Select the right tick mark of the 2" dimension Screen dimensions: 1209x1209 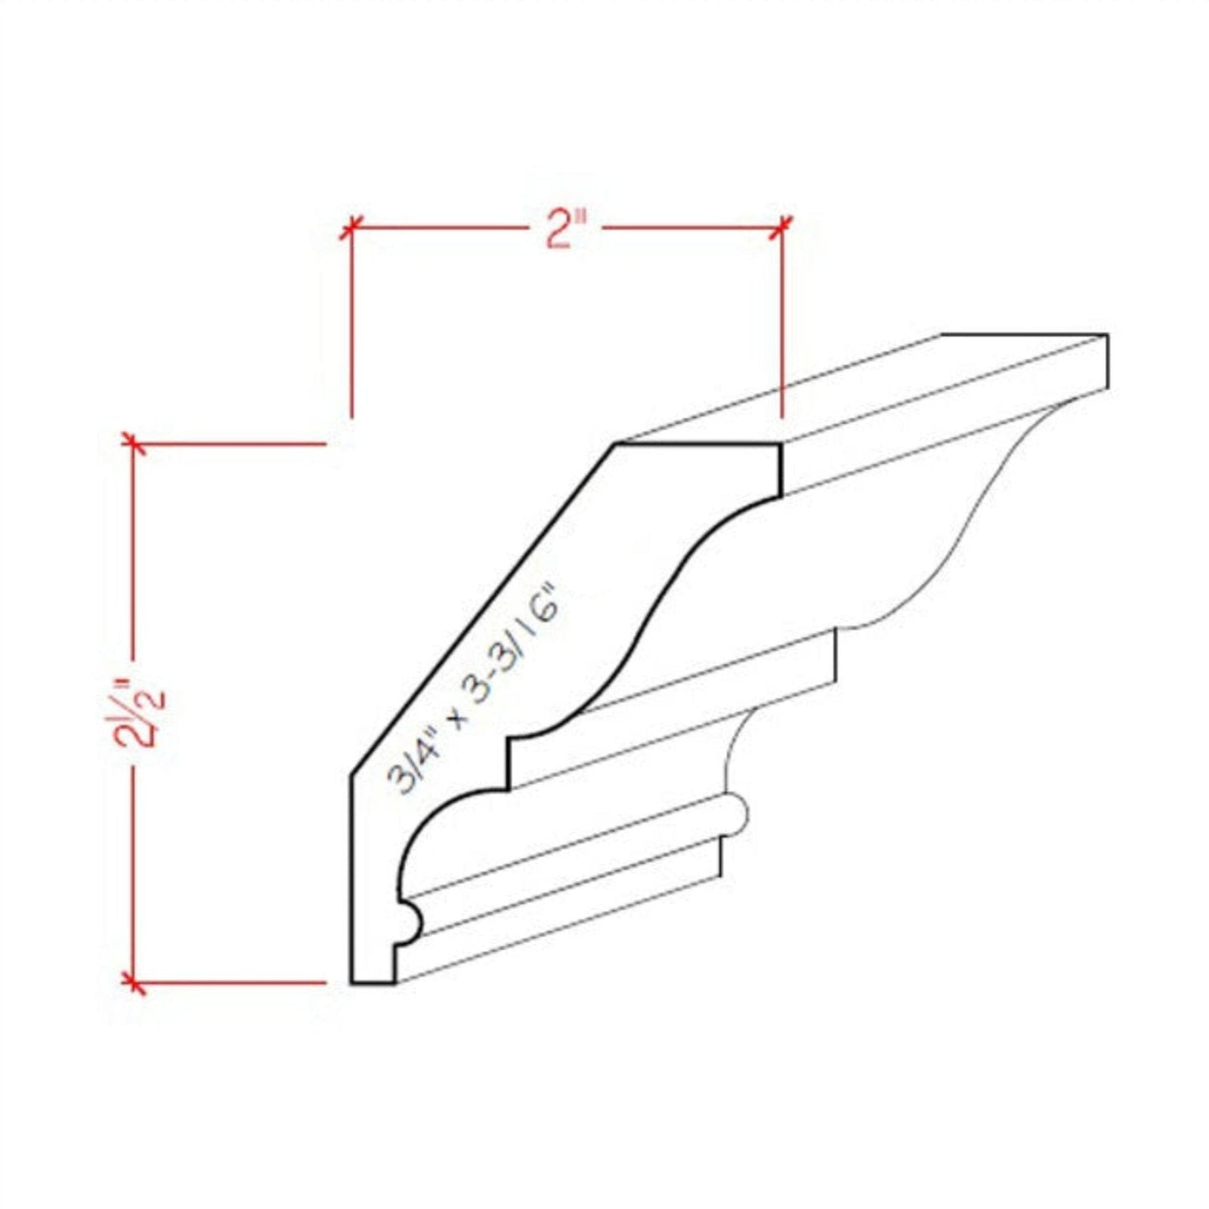coord(781,226)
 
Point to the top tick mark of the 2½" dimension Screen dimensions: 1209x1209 coord(134,444)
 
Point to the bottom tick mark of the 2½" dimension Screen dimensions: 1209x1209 coord(134,983)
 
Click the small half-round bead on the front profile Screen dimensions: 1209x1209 coord(412,923)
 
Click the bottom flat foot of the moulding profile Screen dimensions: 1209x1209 coord(373,983)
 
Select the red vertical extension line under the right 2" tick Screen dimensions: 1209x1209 coord(781,325)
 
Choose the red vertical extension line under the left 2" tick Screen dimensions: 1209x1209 coord(351,325)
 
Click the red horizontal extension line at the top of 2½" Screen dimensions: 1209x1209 coord(234,444)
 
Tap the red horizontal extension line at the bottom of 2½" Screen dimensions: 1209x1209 coord(234,983)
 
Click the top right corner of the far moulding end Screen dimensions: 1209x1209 coord(1107,335)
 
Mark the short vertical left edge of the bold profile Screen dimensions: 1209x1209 coord(351,877)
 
